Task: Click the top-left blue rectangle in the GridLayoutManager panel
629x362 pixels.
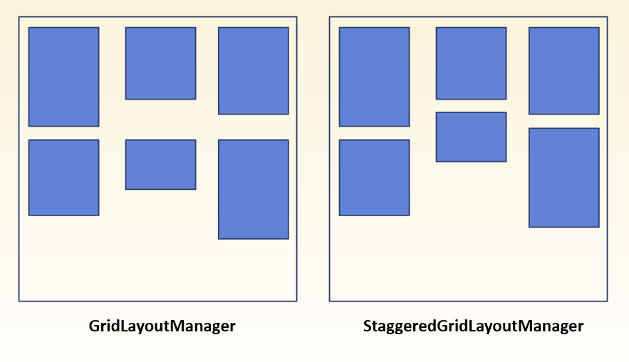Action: coord(63,77)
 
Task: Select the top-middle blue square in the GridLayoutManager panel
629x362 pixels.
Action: coord(160,63)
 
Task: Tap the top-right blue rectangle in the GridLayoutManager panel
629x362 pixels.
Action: coord(253,70)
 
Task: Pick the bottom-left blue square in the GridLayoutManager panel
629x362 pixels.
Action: coord(63,177)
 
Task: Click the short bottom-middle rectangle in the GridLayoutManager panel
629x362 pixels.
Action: coord(160,164)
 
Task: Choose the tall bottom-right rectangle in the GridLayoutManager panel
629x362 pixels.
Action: coord(253,189)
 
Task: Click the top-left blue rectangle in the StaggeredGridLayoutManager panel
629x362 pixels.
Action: coord(374,77)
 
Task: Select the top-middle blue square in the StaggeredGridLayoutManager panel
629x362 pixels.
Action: coord(471,63)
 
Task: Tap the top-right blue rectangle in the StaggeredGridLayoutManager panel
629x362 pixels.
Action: coord(563,70)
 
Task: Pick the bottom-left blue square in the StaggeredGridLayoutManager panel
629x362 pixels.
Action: coord(374,177)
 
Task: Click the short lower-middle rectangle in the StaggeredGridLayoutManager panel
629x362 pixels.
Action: coord(471,137)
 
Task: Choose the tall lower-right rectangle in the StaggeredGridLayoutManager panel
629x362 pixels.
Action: coord(563,177)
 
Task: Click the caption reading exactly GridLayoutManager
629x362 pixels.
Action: coord(162,326)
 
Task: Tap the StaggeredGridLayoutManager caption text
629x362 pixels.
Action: coord(473,326)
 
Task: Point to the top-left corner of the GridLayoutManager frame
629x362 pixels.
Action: coord(19,17)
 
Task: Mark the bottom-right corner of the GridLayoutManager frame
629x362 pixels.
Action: coord(296,301)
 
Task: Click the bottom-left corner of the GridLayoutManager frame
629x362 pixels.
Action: coord(19,301)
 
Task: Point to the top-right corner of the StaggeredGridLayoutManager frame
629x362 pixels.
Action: coord(607,17)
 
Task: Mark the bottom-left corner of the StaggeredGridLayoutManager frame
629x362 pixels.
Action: coord(330,301)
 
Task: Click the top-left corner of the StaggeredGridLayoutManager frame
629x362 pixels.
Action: coord(330,17)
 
